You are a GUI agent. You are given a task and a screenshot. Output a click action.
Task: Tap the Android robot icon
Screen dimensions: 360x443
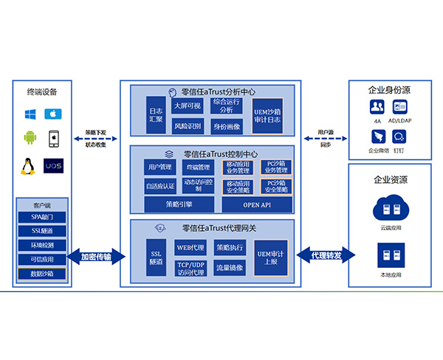click(30, 138)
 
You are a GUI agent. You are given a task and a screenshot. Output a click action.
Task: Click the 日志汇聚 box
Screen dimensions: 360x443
click(156, 114)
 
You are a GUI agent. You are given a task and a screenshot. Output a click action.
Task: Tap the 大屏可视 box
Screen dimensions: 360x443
click(187, 105)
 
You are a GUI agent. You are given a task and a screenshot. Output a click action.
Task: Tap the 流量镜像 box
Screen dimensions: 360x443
click(228, 266)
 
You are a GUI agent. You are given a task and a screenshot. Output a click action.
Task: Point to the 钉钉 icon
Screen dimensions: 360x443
click(399, 137)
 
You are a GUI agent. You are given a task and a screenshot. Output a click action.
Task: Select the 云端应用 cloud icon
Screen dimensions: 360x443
click(388, 207)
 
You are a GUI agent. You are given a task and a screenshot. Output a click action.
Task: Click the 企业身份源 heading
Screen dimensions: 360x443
click(388, 90)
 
